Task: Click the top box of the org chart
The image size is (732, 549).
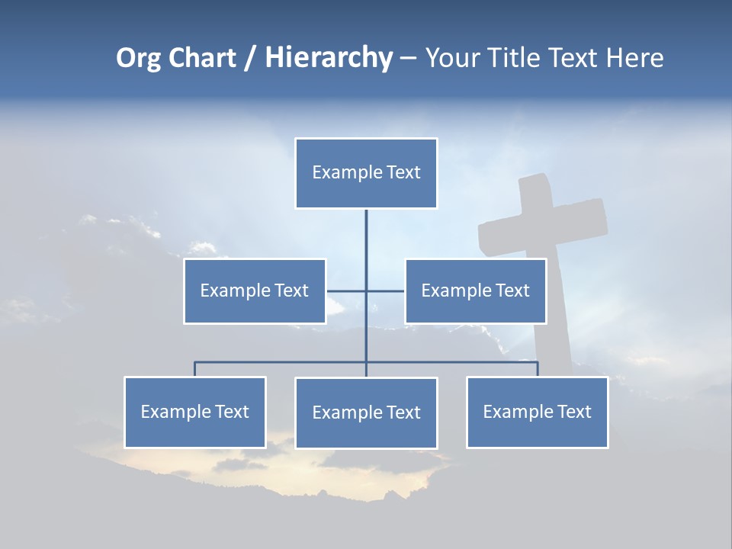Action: [x=366, y=173]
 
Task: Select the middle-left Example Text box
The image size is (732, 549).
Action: [x=255, y=291]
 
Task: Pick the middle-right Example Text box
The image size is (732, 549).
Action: [x=476, y=291]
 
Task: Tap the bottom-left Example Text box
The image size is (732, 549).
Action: [x=195, y=412]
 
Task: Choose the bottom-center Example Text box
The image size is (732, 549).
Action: [x=366, y=413]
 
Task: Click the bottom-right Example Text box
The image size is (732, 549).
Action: [x=538, y=412]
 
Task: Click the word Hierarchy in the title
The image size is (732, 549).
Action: [x=329, y=58]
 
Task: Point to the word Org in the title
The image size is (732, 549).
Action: [x=138, y=58]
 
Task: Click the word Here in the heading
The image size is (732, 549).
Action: [x=634, y=58]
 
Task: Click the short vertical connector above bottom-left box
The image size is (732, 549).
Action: [x=195, y=369]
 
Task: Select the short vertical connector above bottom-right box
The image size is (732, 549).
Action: [x=538, y=369]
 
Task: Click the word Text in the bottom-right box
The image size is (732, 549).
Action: [x=573, y=412]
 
